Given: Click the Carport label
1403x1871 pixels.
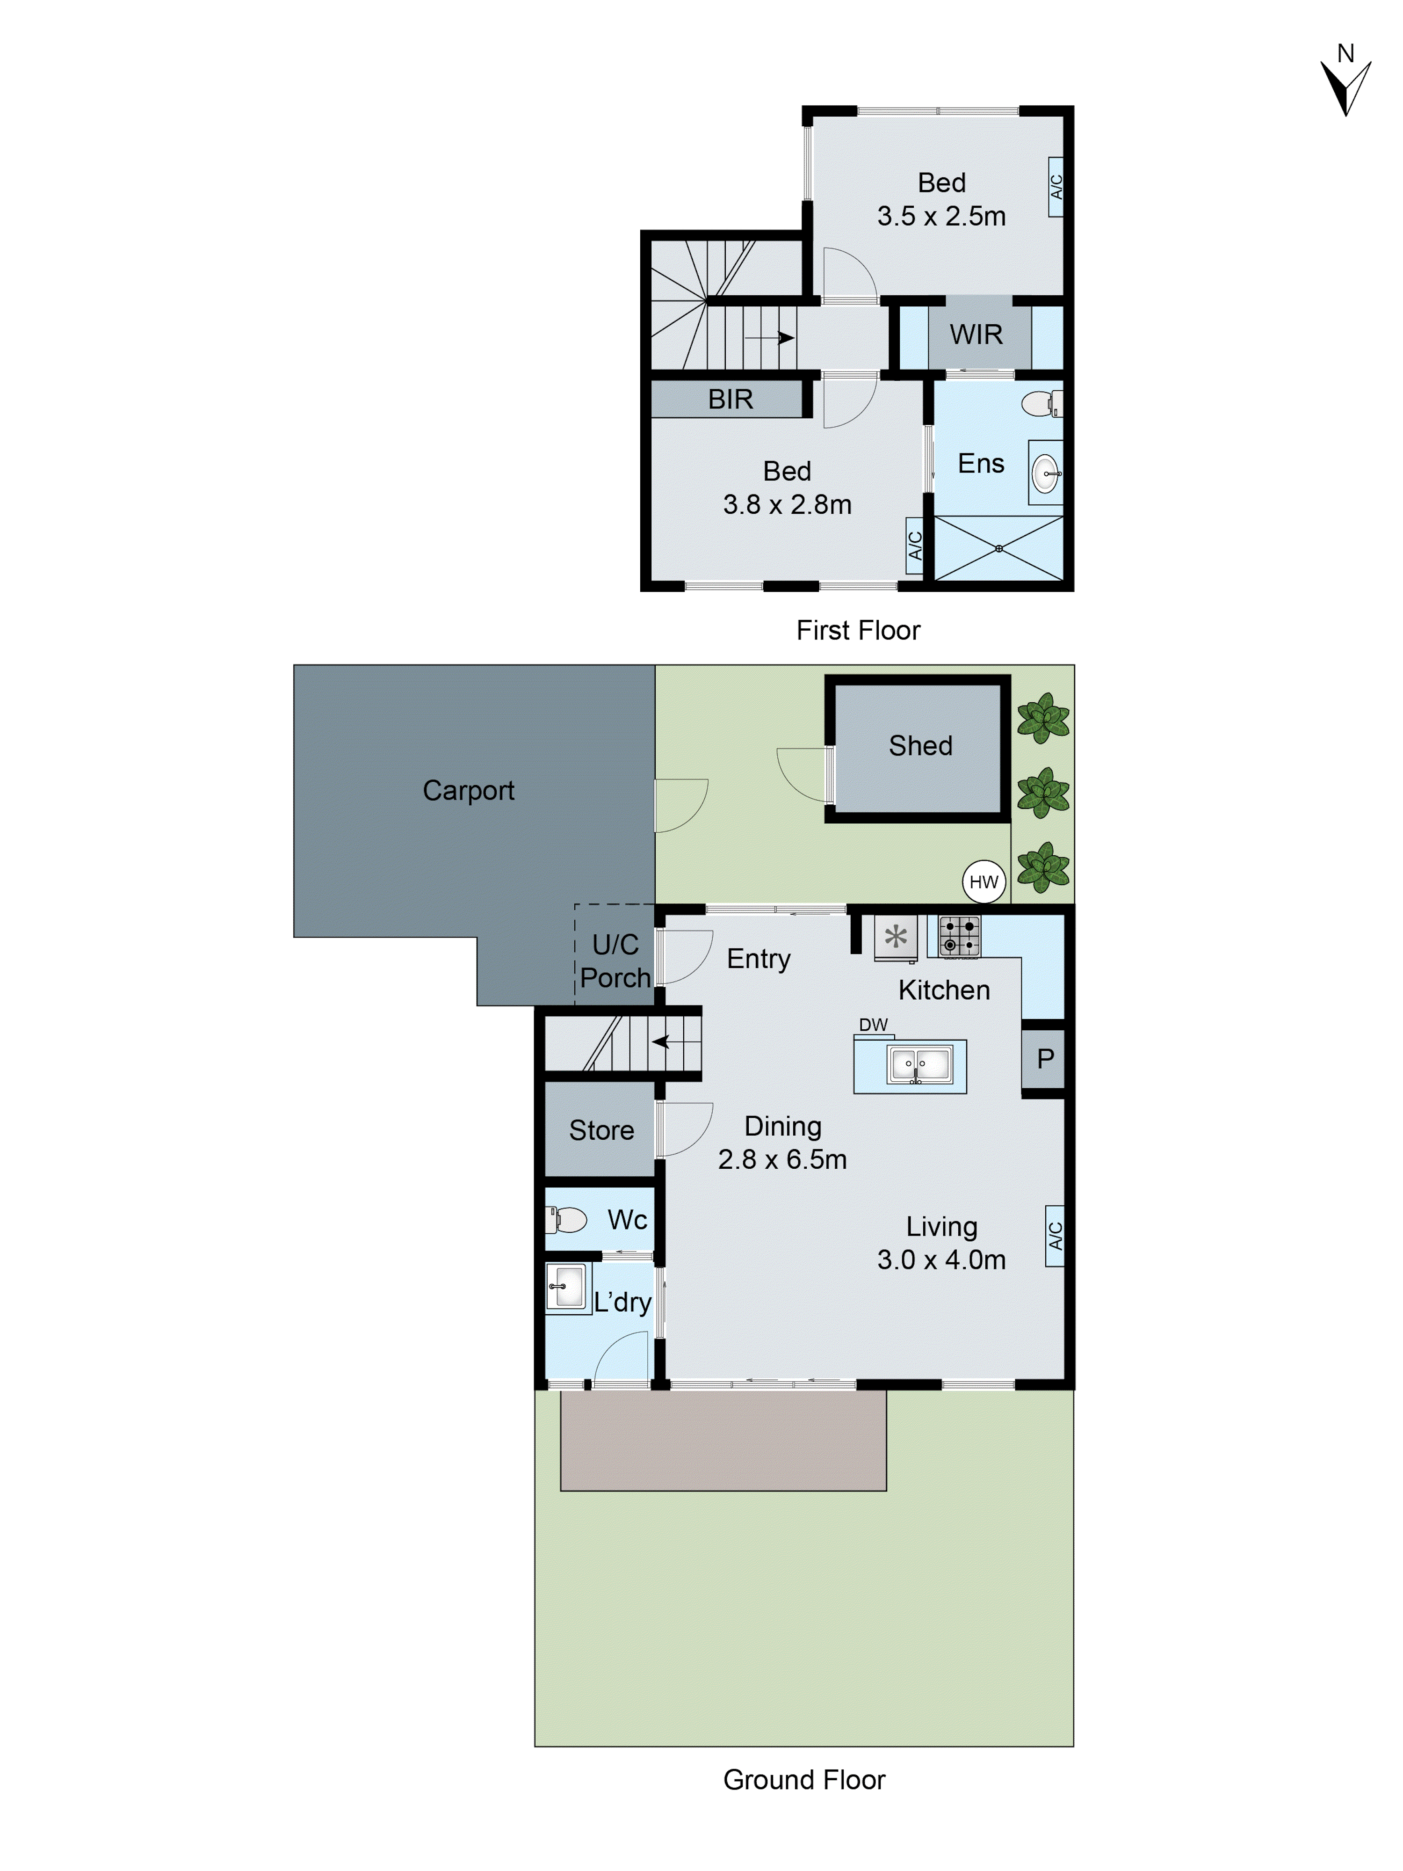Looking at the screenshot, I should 468,790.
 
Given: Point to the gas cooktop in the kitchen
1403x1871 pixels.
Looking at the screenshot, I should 960,936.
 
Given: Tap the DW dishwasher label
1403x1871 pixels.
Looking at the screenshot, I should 873,1024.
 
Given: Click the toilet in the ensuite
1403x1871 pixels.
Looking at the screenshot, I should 1040,403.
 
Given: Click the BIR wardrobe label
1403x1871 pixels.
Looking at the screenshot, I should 730,399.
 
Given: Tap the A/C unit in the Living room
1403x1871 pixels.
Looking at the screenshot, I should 1055,1236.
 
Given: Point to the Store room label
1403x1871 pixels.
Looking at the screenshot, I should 601,1130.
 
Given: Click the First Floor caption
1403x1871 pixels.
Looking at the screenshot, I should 858,630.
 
